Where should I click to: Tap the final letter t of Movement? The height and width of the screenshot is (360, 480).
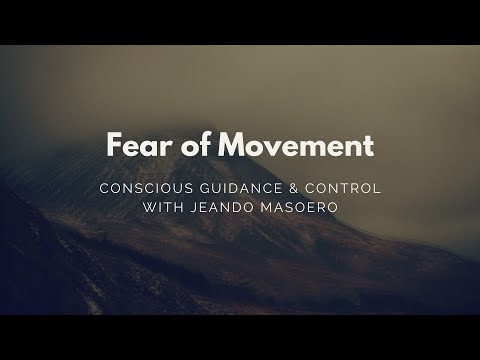point(369,146)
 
